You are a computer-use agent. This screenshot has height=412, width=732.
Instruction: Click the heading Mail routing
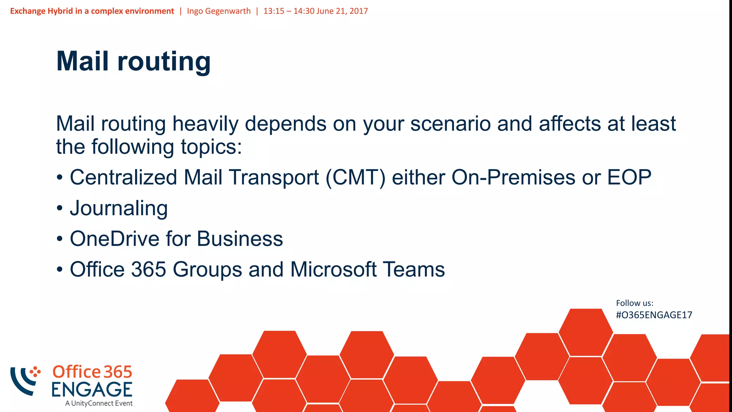click(133, 62)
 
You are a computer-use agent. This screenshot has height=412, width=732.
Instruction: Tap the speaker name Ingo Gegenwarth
click(219, 11)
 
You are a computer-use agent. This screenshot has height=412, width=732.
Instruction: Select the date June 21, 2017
click(342, 11)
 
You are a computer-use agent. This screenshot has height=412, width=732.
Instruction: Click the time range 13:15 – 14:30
click(289, 11)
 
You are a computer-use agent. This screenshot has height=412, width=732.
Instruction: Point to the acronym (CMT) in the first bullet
click(356, 178)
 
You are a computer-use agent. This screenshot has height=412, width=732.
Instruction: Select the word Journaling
click(119, 208)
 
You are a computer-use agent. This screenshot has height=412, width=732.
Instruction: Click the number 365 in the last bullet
click(149, 269)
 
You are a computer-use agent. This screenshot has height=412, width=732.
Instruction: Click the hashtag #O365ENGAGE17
click(654, 315)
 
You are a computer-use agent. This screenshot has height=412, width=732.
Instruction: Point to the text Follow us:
click(634, 303)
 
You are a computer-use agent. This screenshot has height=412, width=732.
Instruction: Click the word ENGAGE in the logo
click(92, 389)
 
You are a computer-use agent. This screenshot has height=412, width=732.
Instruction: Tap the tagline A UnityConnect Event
click(99, 403)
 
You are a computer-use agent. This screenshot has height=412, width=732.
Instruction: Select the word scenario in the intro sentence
click(450, 124)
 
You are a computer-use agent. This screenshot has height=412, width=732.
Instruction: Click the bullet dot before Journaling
click(60, 209)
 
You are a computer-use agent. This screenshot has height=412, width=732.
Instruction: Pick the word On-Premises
click(513, 177)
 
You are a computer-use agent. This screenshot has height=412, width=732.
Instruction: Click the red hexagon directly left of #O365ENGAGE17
click(585, 332)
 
